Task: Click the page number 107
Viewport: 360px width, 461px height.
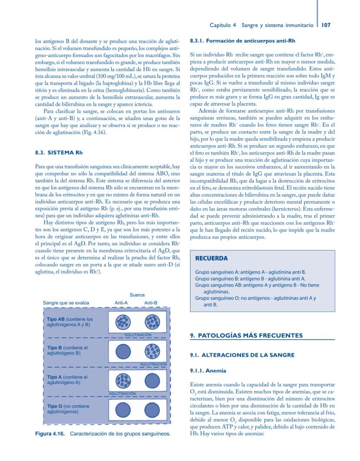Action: click(x=326, y=25)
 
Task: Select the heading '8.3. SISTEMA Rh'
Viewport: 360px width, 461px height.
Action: click(x=59, y=153)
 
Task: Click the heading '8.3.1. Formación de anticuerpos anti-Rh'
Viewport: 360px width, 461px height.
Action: click(x=243, y=41)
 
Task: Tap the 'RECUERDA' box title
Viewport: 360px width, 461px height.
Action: click(x=211, y=258)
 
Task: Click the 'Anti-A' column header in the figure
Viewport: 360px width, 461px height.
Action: click(x=121, y=303)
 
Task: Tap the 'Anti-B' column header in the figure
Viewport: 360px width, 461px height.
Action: click(x=151, y=303)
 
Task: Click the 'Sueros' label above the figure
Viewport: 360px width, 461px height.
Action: click(x=137, y=295)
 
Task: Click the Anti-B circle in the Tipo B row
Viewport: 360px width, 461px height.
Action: click(x=152, y=351)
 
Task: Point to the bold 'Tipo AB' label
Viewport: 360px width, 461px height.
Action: click(x=56, y=319)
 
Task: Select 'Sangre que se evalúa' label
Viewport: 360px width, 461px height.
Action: click(x=66, y=303)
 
